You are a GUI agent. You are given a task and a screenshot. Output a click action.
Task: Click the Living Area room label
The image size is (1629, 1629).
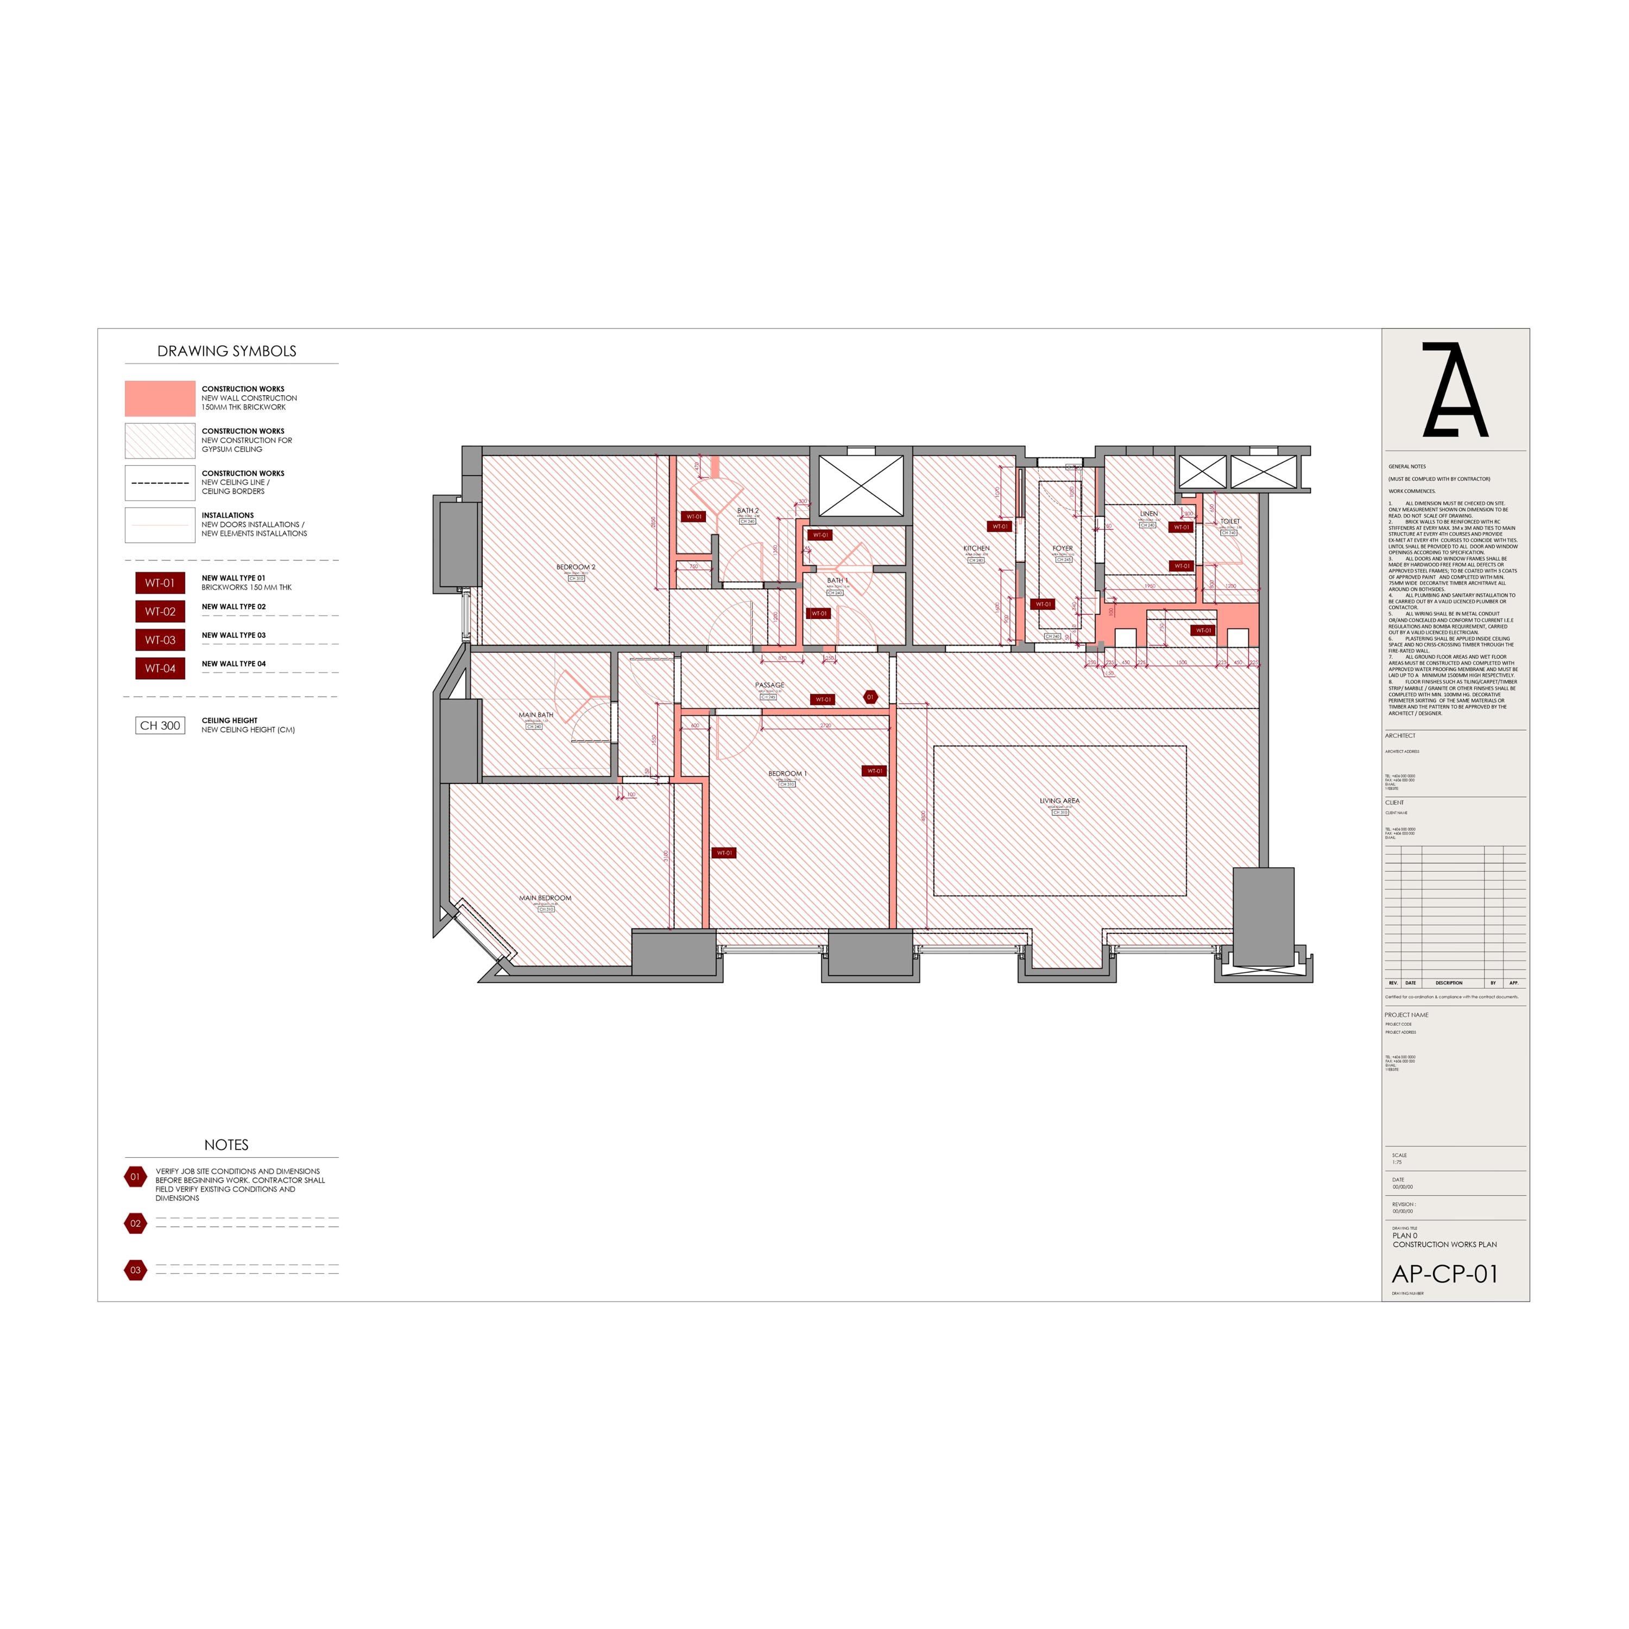pos(1059,801)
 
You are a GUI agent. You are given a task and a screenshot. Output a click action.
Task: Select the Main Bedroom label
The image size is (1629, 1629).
pos(545,898)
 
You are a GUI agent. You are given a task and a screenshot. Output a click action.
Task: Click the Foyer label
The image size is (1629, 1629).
pos(1063,548)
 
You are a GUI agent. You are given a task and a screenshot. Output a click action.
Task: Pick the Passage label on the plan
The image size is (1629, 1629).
pos(769,685)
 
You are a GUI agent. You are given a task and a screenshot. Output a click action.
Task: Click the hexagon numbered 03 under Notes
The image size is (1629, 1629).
pos(135,1270)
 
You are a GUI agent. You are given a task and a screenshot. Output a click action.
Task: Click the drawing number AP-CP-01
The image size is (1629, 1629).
pos(1444,1274)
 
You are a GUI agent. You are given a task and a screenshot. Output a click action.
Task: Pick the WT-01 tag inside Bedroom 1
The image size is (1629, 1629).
pos(874,771)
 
